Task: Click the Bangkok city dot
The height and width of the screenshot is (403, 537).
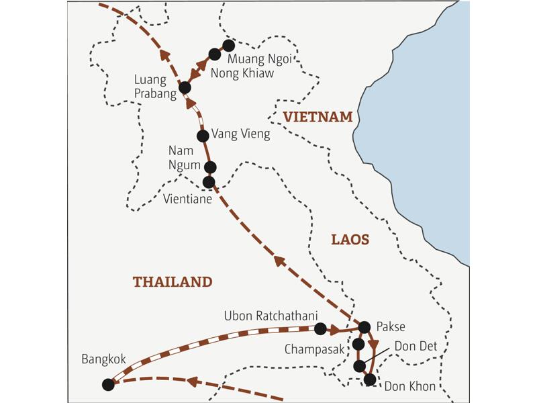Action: point(107,384)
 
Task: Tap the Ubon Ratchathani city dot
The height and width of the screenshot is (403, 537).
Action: point(320,328)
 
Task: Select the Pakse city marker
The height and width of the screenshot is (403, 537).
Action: point(364,327)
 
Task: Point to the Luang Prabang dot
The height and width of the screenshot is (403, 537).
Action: point(185,87)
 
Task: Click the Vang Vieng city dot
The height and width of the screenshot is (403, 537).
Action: point(203,136)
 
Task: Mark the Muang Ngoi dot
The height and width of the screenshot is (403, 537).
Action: point(228,46)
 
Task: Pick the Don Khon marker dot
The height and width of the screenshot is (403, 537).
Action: point(369,379)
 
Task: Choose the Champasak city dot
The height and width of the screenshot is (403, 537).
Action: point(358,345)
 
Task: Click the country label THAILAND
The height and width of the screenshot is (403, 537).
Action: point(173,282)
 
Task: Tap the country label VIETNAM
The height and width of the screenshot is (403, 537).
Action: point(318,117)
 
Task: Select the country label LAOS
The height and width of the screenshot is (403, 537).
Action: point(350,239)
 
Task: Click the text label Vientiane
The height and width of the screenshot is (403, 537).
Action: point(188,199)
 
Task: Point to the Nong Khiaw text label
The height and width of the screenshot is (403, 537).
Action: point(242,73)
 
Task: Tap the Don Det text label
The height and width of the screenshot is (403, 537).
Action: point(416,347)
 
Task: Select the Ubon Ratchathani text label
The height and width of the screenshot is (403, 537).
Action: point(271,314)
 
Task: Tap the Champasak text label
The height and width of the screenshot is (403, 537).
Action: point(314,349)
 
